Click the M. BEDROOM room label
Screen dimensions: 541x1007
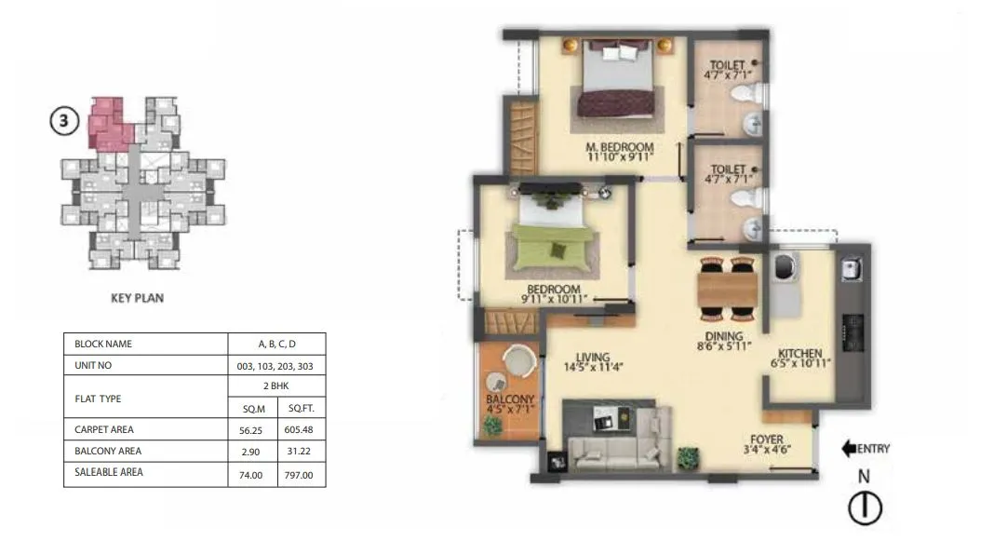point(619,147)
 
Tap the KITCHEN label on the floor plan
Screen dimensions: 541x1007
point(799,354)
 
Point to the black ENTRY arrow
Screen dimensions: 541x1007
point(849,449)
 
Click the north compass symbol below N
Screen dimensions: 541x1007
point(865,508)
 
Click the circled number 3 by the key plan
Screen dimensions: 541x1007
point(63,123)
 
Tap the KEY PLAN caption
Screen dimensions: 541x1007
point(138,300)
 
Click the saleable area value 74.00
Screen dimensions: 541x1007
point(251,474)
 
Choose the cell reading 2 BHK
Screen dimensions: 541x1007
point(276,386)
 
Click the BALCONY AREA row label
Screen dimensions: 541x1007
point(109,451)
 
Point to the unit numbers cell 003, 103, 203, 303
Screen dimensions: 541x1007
point(276,366)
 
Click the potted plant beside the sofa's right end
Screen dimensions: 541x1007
point(688,457)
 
